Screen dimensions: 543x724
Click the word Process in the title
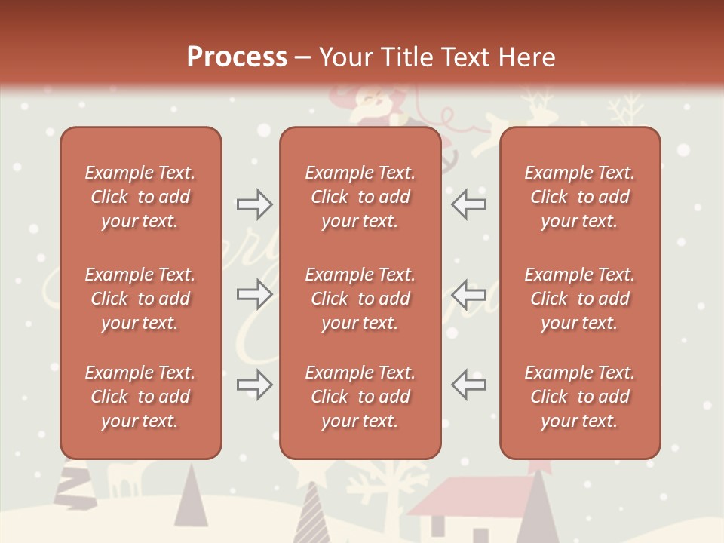tap(237, 57)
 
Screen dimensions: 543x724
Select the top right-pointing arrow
tap(255, 204)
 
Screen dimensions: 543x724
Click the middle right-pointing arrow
tap(255, 294)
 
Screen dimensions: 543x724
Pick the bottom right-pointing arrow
tap(255, 385)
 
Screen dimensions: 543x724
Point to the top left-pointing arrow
tap(468, 204)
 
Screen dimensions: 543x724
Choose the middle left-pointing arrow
tap(468, 294)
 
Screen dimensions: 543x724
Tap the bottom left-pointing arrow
tap(468, 385)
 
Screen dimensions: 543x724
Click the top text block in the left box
tap(140, 197)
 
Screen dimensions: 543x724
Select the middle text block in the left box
tap(140, 299)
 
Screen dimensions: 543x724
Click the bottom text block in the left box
tap(140, 397)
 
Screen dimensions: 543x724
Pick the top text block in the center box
tap(360, 197)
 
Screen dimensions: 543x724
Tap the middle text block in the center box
tap(360, 299)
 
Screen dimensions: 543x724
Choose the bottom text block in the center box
tap(360, 397)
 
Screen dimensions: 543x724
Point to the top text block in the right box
tap(579, 197)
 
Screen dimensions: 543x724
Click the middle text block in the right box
tap(579, 299)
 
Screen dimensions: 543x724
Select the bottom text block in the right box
tap(579, 397)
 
